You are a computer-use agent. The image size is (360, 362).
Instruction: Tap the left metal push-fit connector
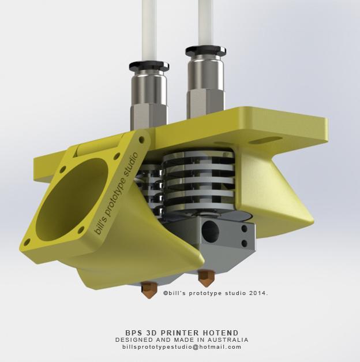pyautogui.click(x=149, y=92)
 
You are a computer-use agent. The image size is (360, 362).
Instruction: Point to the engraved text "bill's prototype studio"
pyautogui.click(x=116, y=193)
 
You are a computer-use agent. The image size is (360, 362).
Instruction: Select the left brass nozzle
pyautogui.click(x=149, y=289)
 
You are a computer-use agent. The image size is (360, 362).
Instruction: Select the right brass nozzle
pyautogui.click(x=205, y=278)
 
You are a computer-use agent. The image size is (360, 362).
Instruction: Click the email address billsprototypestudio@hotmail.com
pyautogui.click(x=182, y=347)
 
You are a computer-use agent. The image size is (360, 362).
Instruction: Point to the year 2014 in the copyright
pyautogui.click(x=257, y=293)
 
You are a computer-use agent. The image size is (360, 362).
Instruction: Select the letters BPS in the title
pyautogui.click(x=133, y=333)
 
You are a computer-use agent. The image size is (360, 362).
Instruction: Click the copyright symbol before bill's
pyautogui.click(x=166, y=293)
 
